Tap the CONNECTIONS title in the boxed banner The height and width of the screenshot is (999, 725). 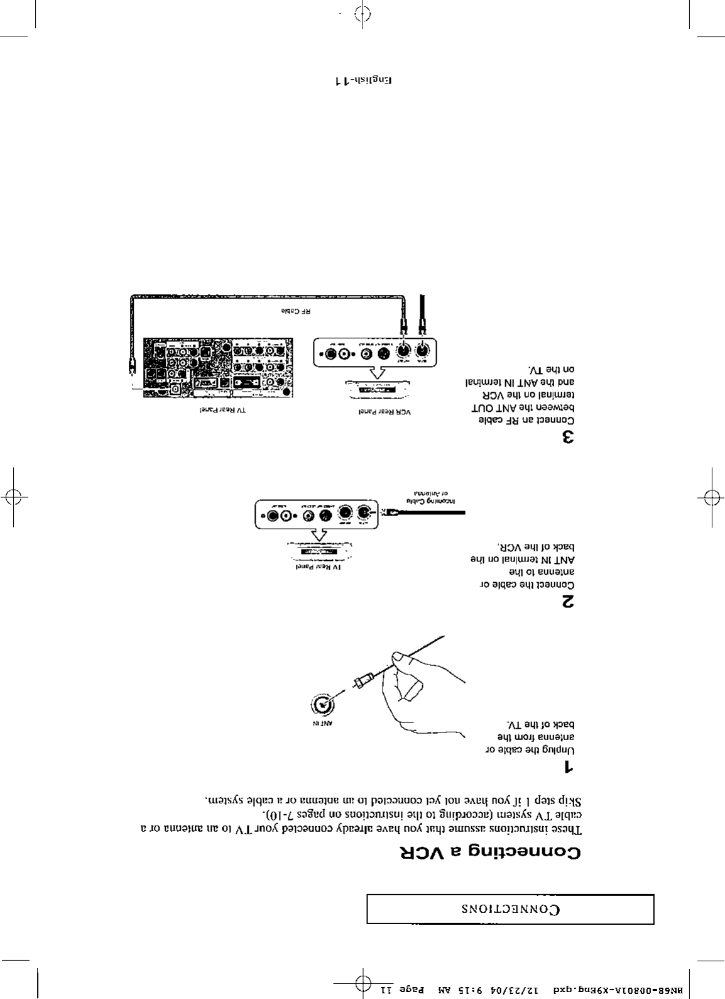click(510, 909)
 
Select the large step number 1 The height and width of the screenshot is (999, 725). click(568, 767)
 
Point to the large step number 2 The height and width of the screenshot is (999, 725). click(568, 602)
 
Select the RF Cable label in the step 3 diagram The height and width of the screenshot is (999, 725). click(296, 311)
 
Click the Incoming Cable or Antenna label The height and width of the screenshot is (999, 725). click(432, 498)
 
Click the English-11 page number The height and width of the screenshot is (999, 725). click(363, 80)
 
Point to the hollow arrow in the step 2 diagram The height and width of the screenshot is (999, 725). click(320, 535)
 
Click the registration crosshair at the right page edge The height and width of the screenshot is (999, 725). click(711, 497)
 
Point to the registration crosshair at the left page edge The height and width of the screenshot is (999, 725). click(13, 497)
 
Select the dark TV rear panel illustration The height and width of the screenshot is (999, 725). click(217, 368)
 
